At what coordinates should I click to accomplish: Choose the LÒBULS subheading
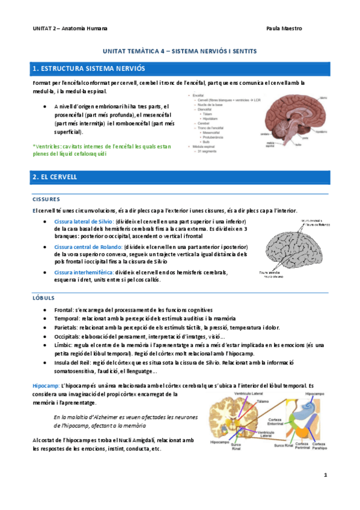tap(43, 297)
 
